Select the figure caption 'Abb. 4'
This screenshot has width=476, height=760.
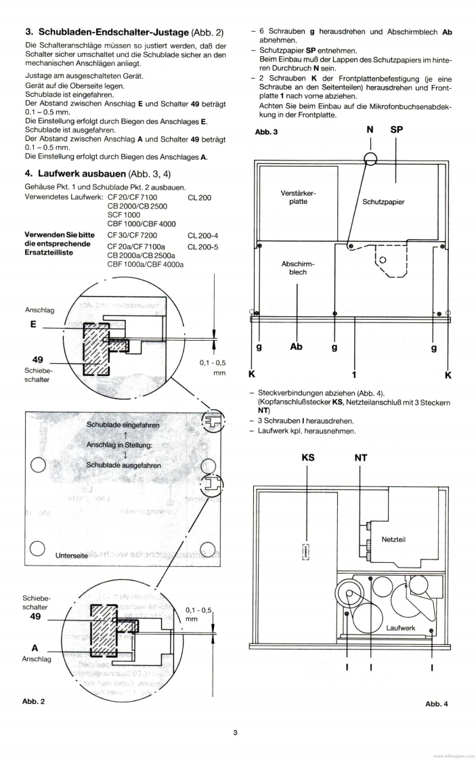pos(437,704)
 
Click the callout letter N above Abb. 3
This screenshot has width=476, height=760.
pos(370,131)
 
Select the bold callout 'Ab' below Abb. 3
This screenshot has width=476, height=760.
pos(296,347)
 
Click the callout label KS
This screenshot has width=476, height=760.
pos(308,458)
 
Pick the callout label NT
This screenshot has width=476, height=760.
pos(361,458)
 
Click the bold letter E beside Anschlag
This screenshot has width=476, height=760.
pos(33,324)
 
